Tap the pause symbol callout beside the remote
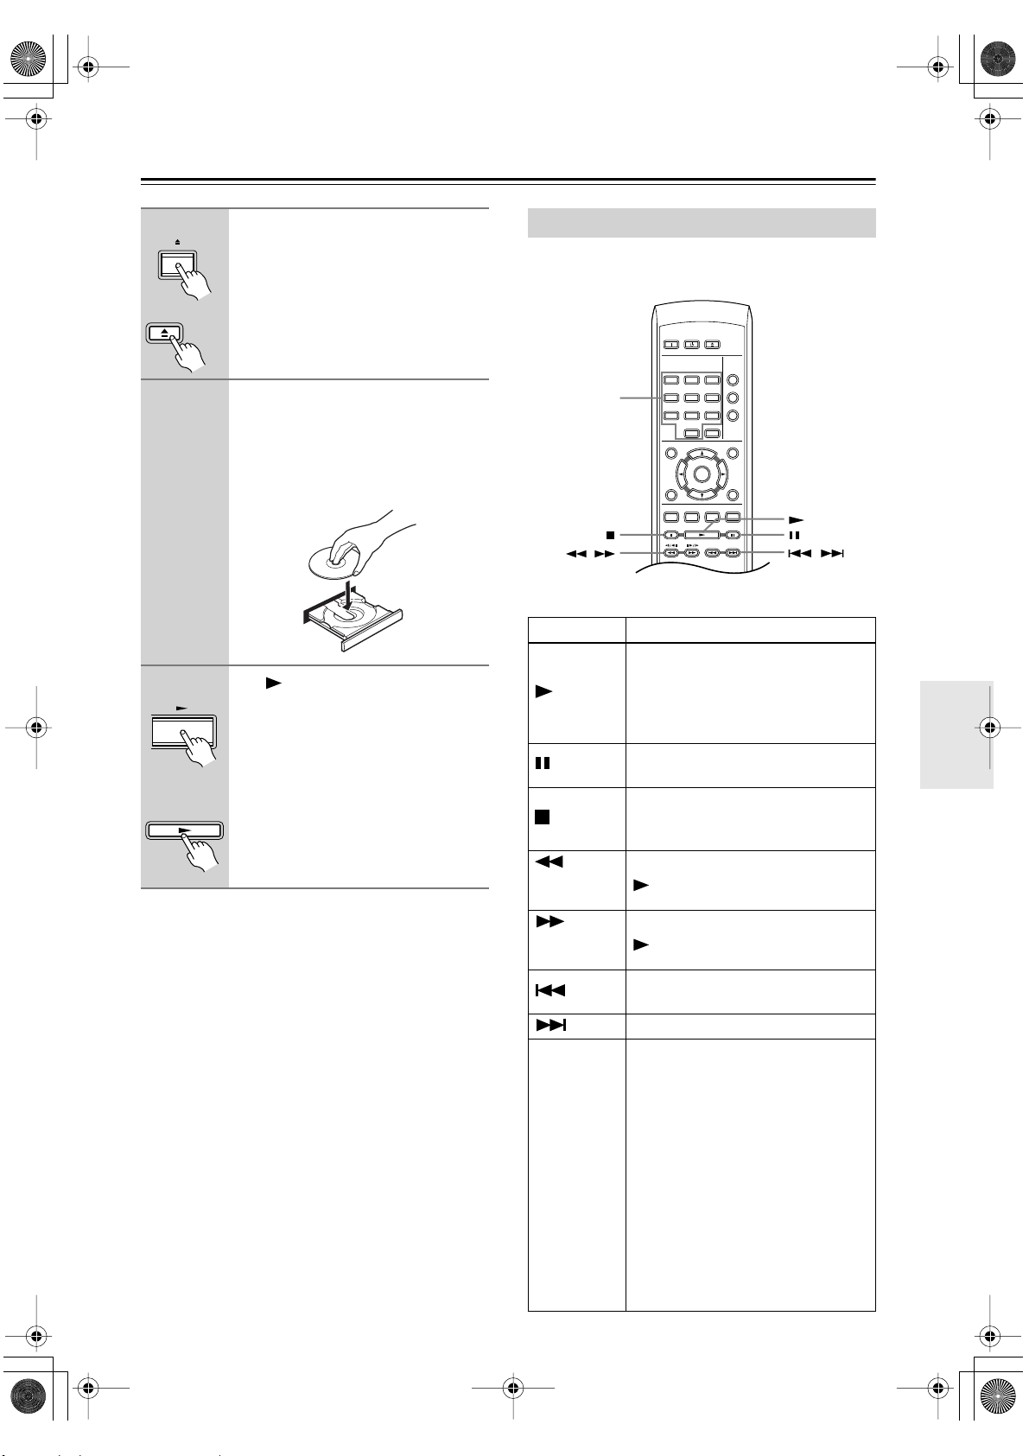pyautogui.click(x=793, y=535)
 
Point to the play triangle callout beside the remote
pyautogui.click(x=796, y=520)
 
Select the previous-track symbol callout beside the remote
pyautogui.click(x=799, y=554)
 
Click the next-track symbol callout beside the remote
pyautogui.click(x=831, y=554)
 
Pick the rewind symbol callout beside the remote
pyautogui.click(x=576, y=554)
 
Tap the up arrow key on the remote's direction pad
pyautogui.click(x=702, y=455)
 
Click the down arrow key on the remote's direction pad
pyautogui.click(x=702, y=493)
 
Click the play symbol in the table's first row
pyautogui.click(x=543, y=692)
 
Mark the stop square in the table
pyautogui.click(x=542, y=817)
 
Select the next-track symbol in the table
pyautogui.click(x=551, y=1026)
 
